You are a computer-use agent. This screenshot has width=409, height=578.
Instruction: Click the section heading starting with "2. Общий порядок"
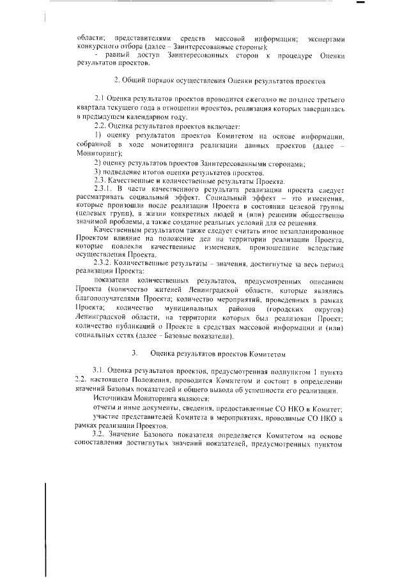coord(220,81)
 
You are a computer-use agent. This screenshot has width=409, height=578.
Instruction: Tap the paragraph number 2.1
coord(100,100)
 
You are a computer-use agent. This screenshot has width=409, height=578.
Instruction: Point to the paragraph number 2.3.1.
coord(104,190)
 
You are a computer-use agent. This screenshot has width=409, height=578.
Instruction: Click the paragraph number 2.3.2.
coord(104,262)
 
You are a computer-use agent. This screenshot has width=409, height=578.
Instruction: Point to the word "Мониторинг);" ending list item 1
coord(96,153)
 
